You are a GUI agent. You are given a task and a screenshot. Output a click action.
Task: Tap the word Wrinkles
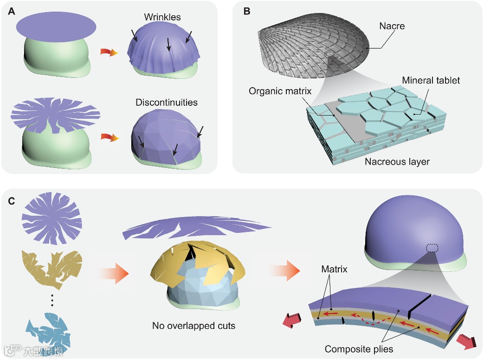pyautogui.click(x=162, y=18)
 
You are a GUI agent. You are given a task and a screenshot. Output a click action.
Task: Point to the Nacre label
pyautogui.click(x=392, y=26)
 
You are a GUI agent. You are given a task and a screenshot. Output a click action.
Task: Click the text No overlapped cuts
pyautogui.click(x=194, y=326)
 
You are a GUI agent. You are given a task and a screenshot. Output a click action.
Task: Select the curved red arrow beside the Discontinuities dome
pyautogui.click(x=109, y=138)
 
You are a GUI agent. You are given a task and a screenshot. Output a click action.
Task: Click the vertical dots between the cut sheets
pyautogui.click(x=52, y=301)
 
